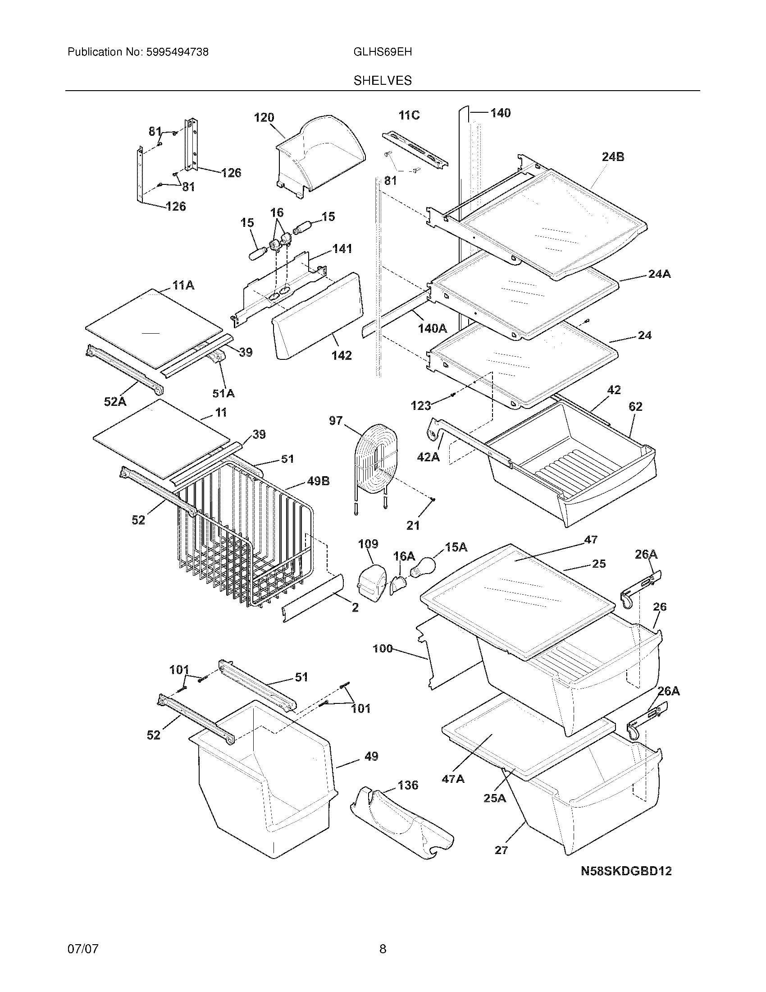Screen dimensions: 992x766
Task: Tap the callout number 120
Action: (264, 118)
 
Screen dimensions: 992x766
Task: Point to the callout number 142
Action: (341, 355)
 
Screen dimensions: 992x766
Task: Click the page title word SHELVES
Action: (383, 80)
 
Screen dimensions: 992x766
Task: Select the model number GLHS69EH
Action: (383, 52)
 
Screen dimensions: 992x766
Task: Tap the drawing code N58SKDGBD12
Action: (626, 871)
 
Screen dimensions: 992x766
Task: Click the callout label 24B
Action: (613, 157)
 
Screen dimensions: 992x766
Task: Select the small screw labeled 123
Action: (452, 395)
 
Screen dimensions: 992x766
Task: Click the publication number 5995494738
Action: (177, 52)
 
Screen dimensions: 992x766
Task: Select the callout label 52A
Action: (115, 401)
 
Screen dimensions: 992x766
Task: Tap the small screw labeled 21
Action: (433, 500)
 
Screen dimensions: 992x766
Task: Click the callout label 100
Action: (383, 648)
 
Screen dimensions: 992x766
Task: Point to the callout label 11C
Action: (409, 115)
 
